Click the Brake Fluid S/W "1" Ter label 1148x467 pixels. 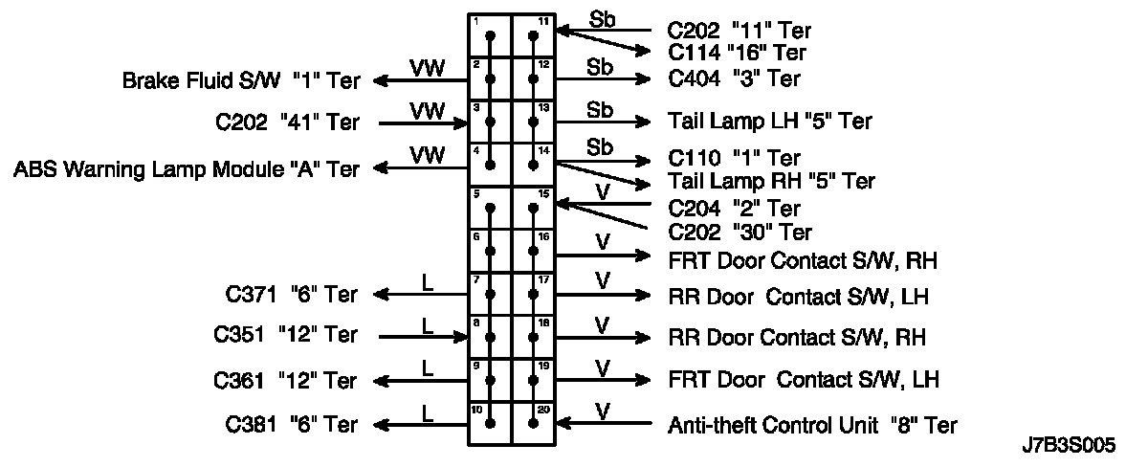pos(241,80)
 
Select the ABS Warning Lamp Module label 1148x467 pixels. pos(187,169)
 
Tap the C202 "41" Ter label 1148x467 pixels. pos(288,122)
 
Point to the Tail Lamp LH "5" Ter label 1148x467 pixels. pos(770,122)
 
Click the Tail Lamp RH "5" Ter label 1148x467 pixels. pos(771,181)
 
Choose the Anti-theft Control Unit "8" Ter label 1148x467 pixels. pos(811,425)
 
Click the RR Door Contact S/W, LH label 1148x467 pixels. pos(799,297)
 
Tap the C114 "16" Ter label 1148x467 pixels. pos(737,53)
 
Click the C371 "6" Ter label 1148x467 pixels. pos(288,296)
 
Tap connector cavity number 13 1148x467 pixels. pos(544,107)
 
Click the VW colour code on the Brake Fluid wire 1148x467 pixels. pos(428,67)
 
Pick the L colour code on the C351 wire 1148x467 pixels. pos(429,325)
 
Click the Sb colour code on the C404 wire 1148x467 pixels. pos(601,67)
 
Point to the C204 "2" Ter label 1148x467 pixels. pos(734,208)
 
